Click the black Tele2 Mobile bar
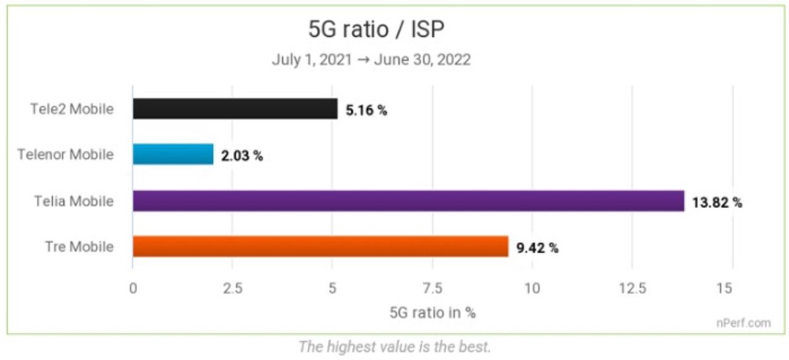[235, 109]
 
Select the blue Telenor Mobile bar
[173, 155]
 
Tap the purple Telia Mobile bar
[408, 201]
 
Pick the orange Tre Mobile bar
[320, 247]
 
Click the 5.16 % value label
[366, 110]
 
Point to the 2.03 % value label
[242, 156]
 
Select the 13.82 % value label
[716, 202]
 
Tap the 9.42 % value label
[536, 248]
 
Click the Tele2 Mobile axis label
[72, 109]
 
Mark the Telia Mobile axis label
[75, 201]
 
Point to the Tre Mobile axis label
[79, 247]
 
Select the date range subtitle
[371, 60]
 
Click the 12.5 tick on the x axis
[632, 288]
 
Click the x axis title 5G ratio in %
[432, 312]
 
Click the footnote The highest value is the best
[394, 346]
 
